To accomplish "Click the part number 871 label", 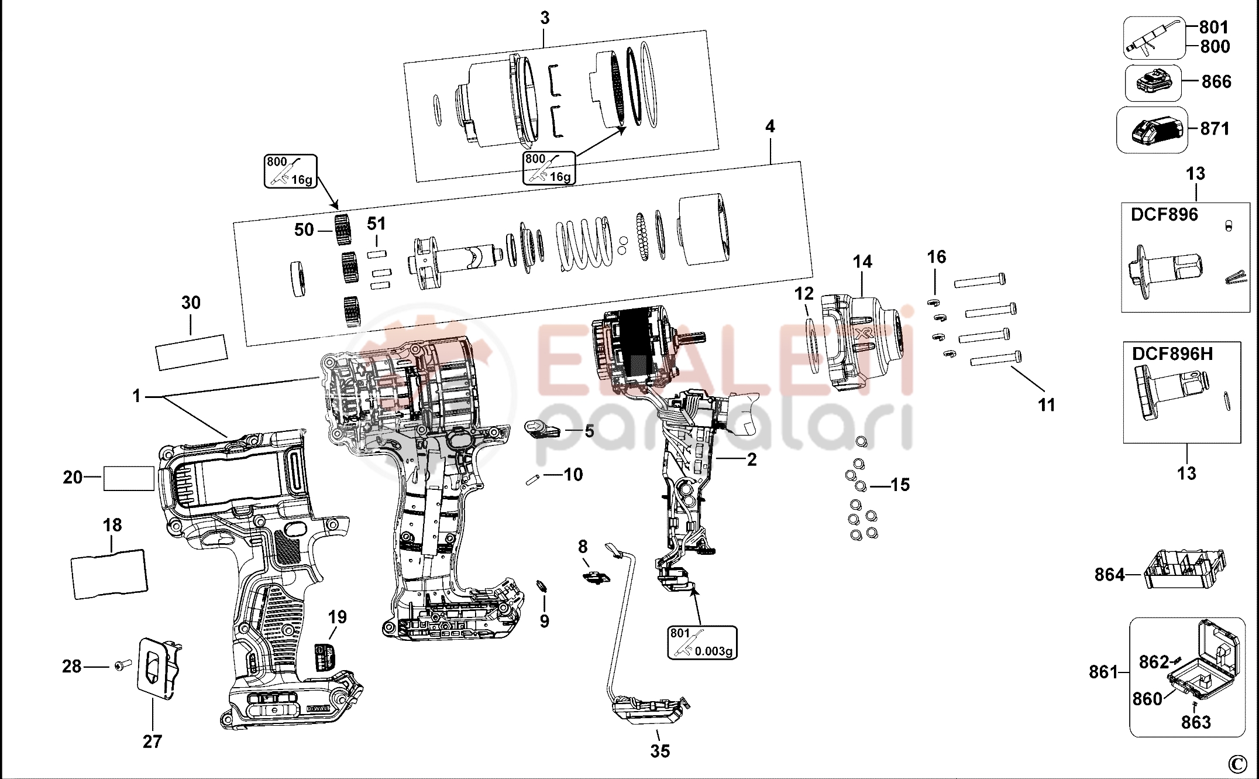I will click(x=1215, y=128).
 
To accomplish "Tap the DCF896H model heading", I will click(x=1172, y=354).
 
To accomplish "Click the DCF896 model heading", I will click(x=1164, y=215).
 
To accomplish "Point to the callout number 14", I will click(x=862, y=262).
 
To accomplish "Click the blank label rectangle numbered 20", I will click(x=129, y=478).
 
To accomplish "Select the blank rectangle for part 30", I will click(x=191, y=352).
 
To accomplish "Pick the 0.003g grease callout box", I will click(x=702, y=642).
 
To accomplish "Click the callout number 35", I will click(x=660, y=751).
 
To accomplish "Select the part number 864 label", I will click(x=1109, y=575).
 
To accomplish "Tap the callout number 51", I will click(x=377, y=224).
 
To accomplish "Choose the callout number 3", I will click(x=545, y=18).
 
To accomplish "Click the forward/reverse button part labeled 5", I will click(x=543, y=430).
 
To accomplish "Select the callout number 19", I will click(x=337, y=617).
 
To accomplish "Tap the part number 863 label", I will click(x=1195, y=722).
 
